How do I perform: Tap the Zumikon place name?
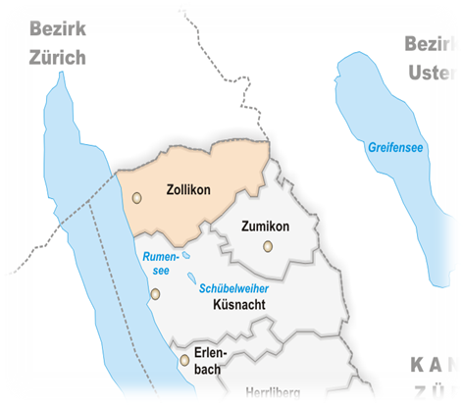click(265, 227)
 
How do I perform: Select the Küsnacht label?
click(239, 305)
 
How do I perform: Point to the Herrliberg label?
click(272, 391)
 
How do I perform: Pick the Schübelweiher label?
click(233, 288)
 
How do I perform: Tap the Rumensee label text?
click(158, 263)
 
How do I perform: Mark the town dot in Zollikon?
click(137, 197)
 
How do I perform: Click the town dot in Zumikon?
click(266, 246)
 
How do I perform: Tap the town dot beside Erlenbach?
click(184, 361)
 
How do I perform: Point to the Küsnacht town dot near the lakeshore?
click(155, 293)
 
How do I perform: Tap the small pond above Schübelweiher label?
click(191, 277)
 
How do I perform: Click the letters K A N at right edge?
click(434, 366)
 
